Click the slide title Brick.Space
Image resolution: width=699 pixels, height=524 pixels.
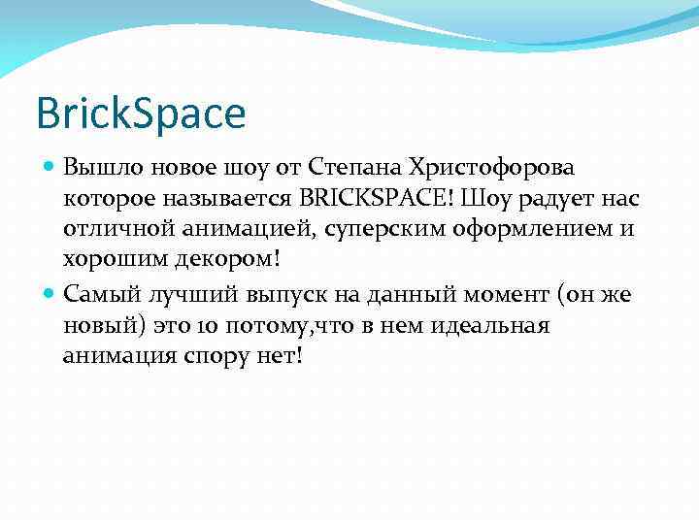pos(141,114)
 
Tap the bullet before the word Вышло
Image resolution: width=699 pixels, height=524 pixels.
pos(50,168)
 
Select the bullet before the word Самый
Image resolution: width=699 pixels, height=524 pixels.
pos(50,293)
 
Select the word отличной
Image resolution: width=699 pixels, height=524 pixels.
pos(113,230)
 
